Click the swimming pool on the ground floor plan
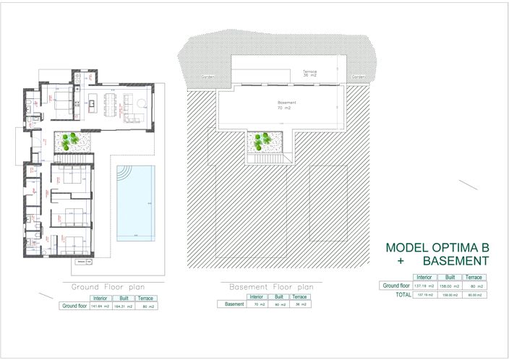coord(136,202)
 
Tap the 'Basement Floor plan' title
coord(271,286)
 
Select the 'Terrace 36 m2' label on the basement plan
coord(310,73)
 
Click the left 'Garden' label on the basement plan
coord(208,76)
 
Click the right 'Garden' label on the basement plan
coord(358,76)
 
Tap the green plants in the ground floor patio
coord(73,140)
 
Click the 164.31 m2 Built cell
coord(123,306)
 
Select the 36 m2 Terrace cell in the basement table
coord(300,304)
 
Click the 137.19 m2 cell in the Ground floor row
coord(424,286)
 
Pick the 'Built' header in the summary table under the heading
coord(450,278)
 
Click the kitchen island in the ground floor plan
coord(93,103)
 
